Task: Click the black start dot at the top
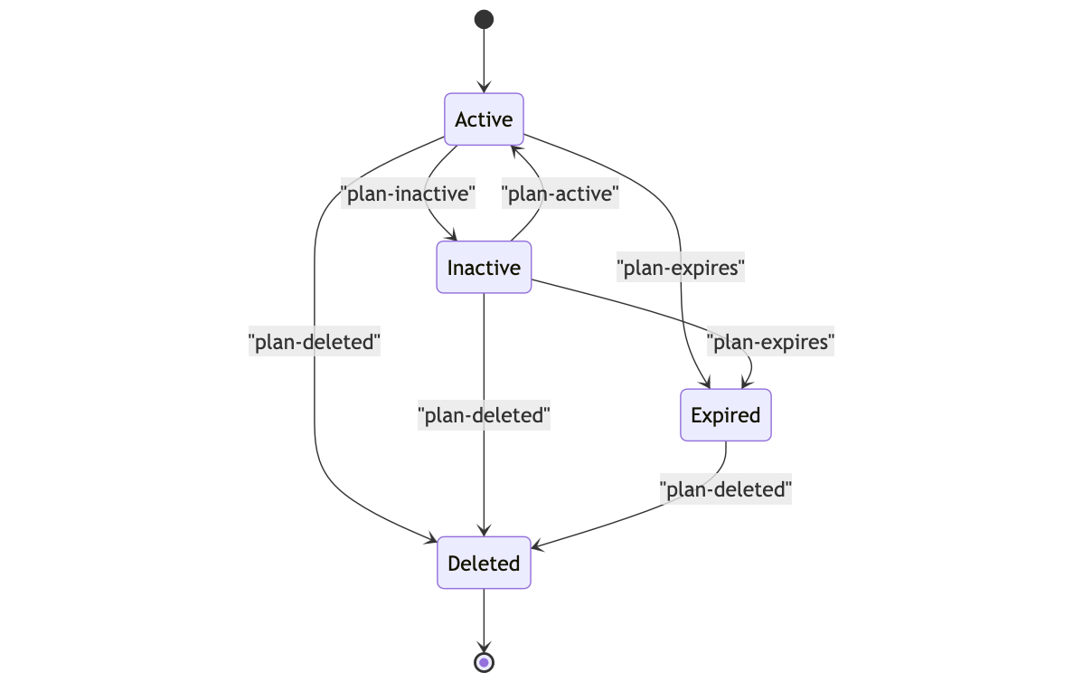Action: [x=484, y=19]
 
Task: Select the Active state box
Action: [x=484, y=119]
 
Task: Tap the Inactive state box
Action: [x=484, y=268]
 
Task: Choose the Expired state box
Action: [x=725, y=415]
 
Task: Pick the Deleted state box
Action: [x=484, y=564]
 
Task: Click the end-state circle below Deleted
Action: [x=484, y=663]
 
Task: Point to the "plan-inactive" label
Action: [x=408, y=194]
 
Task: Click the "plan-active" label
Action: [x=560, y=194]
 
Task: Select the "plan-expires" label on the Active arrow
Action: [x=680, y=268]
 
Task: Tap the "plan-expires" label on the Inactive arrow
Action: [x=769, y=342]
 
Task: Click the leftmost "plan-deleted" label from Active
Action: [x=314, y=342]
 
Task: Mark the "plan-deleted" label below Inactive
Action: [x=484, y=415]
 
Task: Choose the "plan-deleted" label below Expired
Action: [x=725, y=489]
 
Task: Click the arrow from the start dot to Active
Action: [x=484, y=59]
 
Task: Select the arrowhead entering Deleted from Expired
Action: [x=537, y=545]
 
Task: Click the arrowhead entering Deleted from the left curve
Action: [x=431, y=541]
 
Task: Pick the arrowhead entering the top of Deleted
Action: [x=484, y=532]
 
